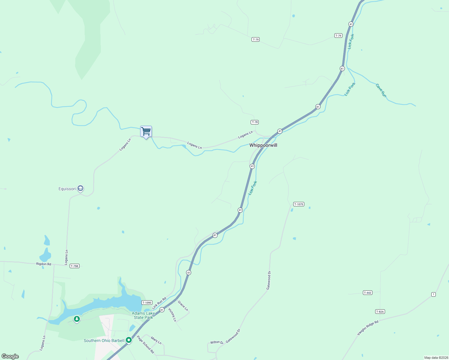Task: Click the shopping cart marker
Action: [x=146, y=131]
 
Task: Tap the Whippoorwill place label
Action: [x=263, y=145]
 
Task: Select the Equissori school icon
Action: [x=80, y=188]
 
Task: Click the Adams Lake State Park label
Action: [x=143, y=315]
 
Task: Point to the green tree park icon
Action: [x=77, y=319]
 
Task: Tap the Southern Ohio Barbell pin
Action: [x=129, y=340]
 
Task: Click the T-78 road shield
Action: [x=255, y=122]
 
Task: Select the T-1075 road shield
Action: [x=299, y=204]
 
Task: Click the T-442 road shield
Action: [x=367, y=293]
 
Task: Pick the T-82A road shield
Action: [x=380, y=312]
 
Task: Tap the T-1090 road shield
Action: [x=147, y=303]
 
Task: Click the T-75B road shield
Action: [x=74, y=266]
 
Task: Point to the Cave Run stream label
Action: [x=381, y=90]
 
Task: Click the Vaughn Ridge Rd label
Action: [x=368, y=328]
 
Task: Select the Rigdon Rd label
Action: [x=44, y=264]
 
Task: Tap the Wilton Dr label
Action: [x=217, y=342]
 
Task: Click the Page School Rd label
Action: [x=145, y=344]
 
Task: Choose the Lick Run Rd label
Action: [x=159, y=303]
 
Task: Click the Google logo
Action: [x=10, y=356]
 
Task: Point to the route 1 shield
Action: [x=433, y=295]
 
